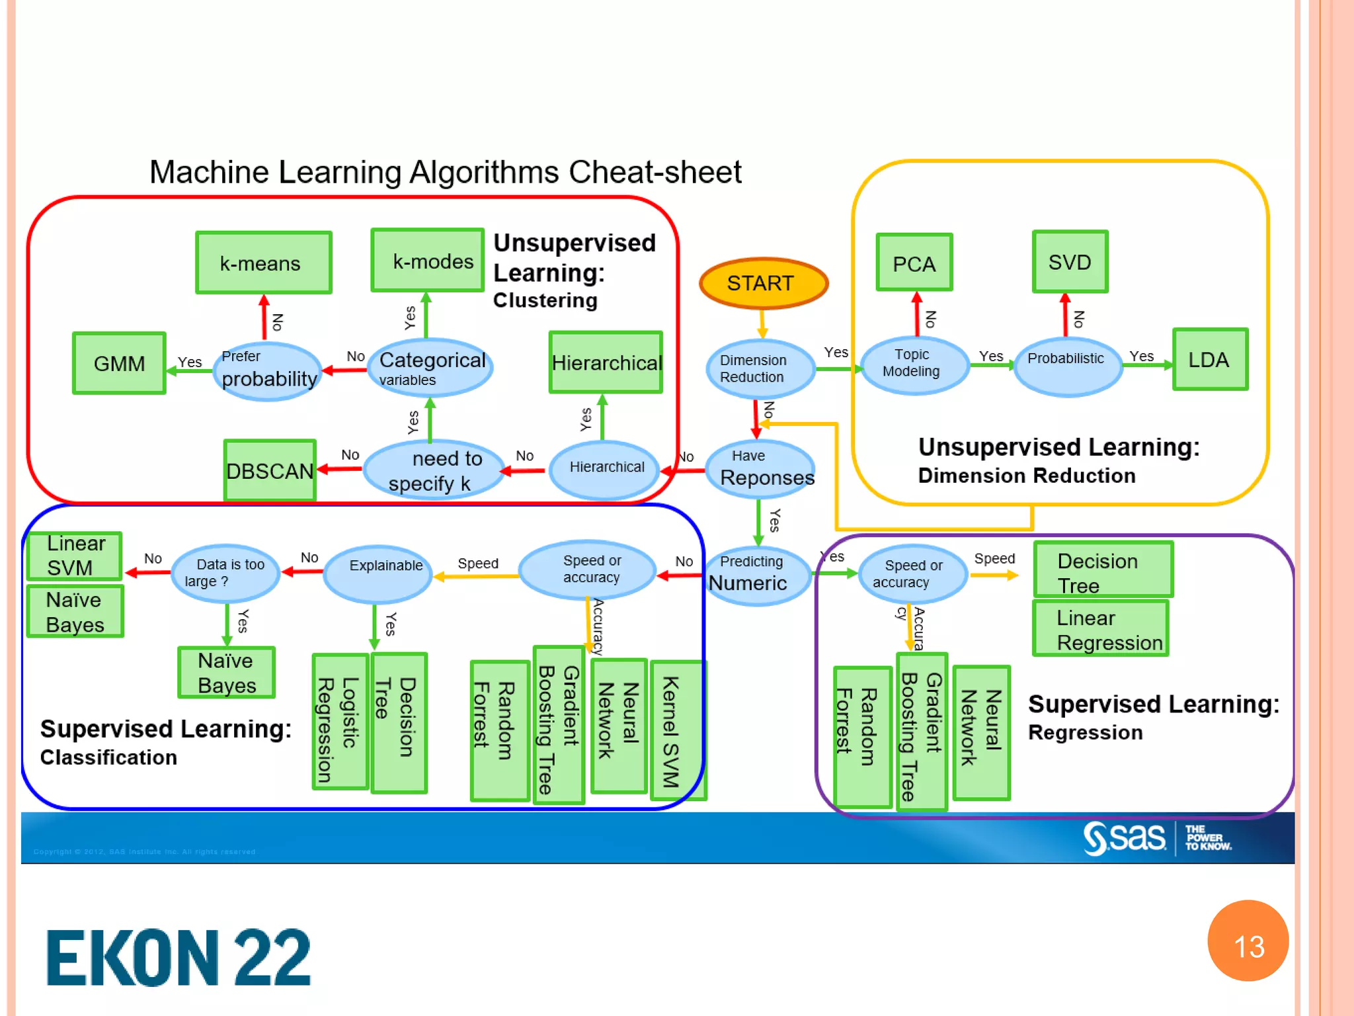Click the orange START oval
tap(763, 283)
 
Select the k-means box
tap(263, 263)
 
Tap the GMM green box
tap(119, 363)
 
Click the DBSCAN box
tap(270, 470)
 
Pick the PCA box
tap(914, 263)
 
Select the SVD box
tap(1070, 262)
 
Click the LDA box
tap(1210, 359)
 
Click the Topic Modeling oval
tap(912, 364)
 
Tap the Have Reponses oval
tap(760, 468)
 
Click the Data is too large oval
tap(225, 573)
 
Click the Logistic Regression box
tap(339, 722)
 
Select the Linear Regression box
tap(1101, 628)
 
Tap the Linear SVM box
tap(75, 556)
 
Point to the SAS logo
tap(1124, 837)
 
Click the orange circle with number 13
tap(1248, 941)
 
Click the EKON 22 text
tap(179, 957)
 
